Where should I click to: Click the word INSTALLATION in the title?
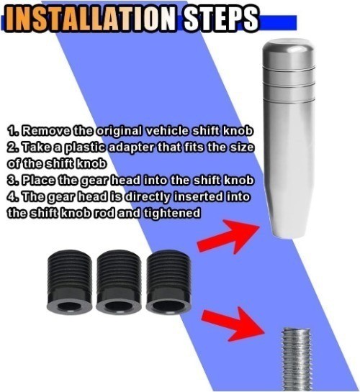click(91, 19)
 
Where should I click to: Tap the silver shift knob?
click(289, 138)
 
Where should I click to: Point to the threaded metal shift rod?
click(296, 360)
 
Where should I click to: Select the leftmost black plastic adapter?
click(70, 281)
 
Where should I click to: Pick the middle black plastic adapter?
click(119, 281)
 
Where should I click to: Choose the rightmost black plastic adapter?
click(168, 281)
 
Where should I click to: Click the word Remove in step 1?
click(45, 131)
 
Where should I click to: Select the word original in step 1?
click(120, 132)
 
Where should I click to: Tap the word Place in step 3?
click(37, 180)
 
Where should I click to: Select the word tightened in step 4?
click(172, 213)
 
